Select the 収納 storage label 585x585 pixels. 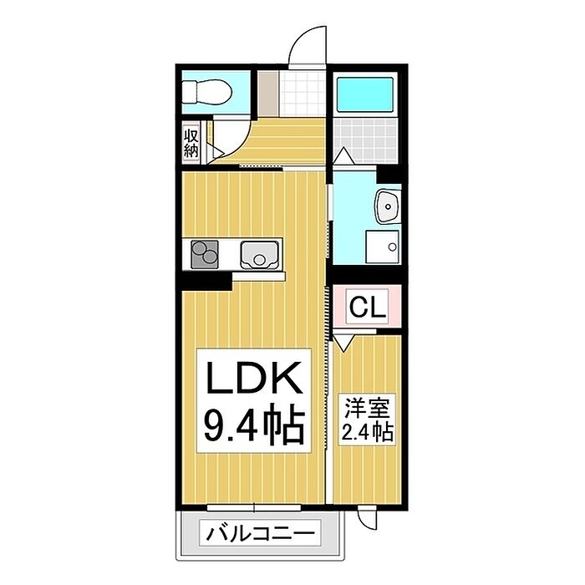[x=191, y=144]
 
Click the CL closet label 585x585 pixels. [x=368, y=307]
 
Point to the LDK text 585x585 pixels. [x=254, y=377]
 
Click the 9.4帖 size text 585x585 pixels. [x=254, y=425]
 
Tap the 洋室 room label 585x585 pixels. [x=367, y=408]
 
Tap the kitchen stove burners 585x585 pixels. [x=204, y=254]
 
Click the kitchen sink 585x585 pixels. [x=259, y=255]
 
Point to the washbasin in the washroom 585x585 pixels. [x=388, y=206]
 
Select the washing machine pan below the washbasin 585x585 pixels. [x=383, y=247]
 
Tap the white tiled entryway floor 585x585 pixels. [x=303, y=94]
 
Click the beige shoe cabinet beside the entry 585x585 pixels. [x=268, y=94]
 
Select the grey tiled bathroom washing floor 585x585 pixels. [x=365, y=140]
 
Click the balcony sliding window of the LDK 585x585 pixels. [x=254, y=507]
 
